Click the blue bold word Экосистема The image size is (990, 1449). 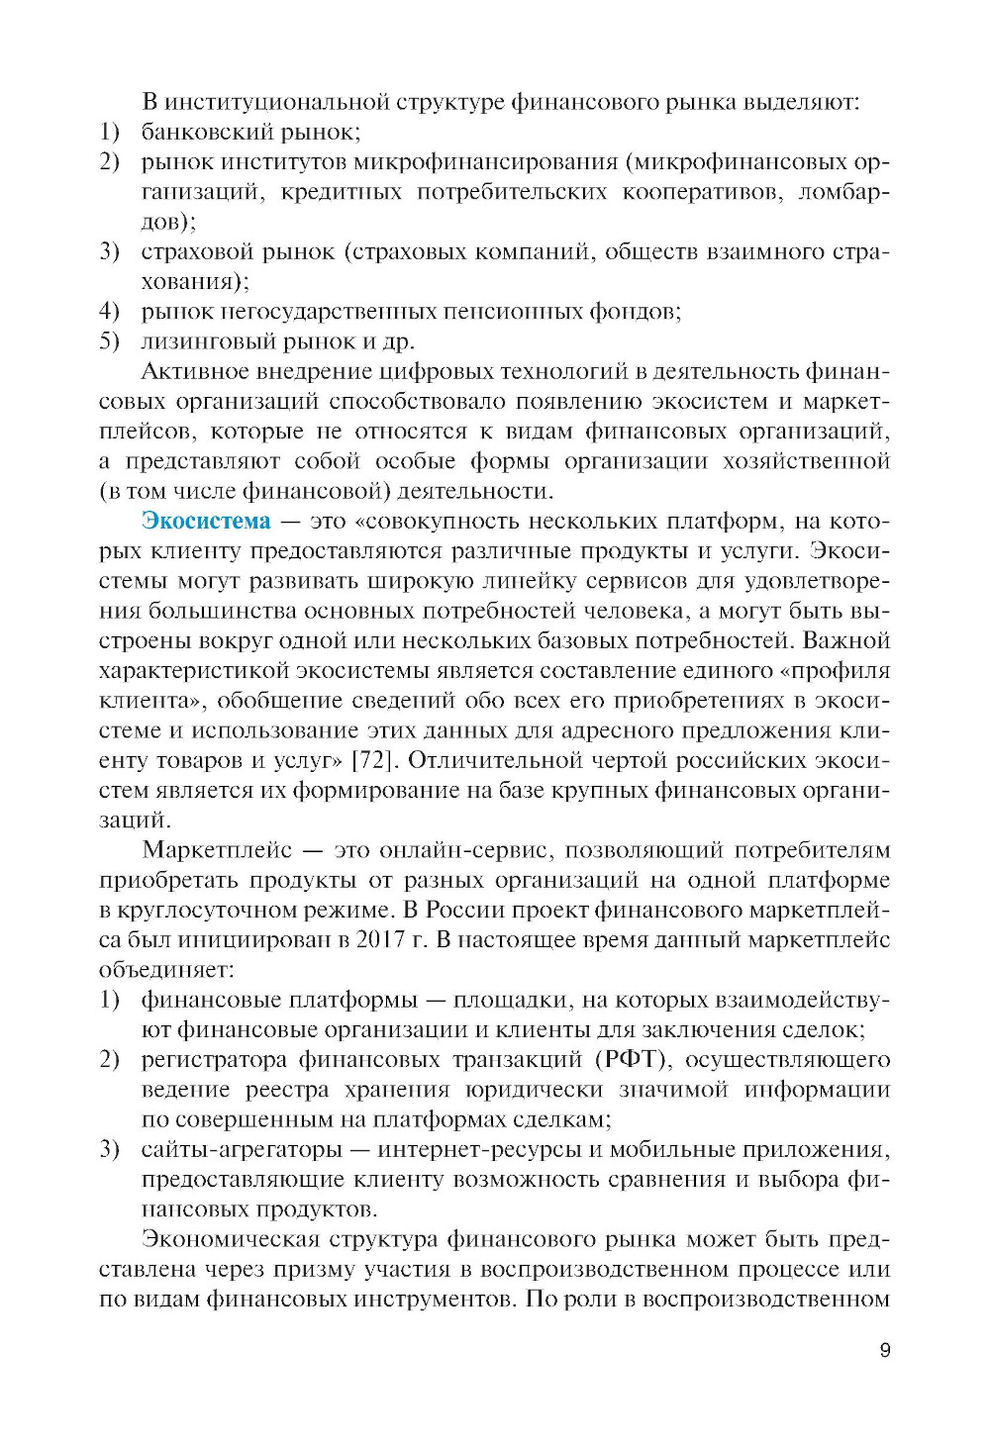pyautogui.click(x=206, y=521)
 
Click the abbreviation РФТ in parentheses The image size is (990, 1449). pyautogui.click(x=632, y=1059)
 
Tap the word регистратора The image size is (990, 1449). pyautogui.click(x=212, y=1059)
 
